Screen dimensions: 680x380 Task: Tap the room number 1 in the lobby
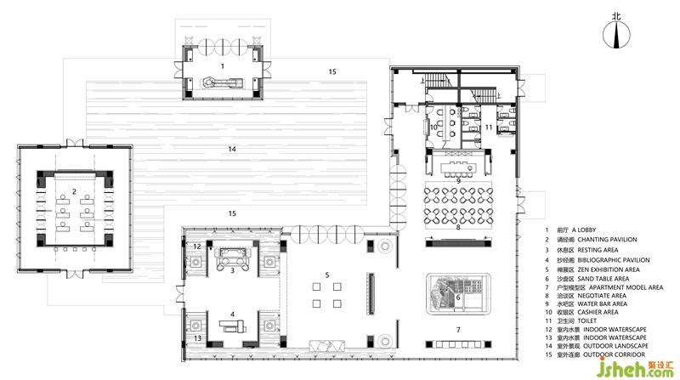coord(223,66)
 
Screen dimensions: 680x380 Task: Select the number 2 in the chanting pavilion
coord(74,191)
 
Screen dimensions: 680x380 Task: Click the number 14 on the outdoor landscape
coord(232,149)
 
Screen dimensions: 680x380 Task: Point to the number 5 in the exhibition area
coord(327,275)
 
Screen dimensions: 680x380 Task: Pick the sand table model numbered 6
coord(458,294)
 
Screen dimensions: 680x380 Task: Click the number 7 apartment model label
coord(458,330)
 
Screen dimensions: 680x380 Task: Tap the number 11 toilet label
coord(489,128)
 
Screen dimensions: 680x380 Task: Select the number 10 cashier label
coord(433,128)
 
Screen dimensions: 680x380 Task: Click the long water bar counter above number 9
coord(458,167)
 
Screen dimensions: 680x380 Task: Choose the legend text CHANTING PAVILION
coord(607,240)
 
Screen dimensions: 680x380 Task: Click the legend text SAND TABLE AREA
coord(603,279)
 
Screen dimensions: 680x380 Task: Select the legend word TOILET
coord(587,320)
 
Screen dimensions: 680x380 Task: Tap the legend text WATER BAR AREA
coord(603,303)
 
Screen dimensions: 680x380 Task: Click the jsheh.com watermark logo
coord(634,368)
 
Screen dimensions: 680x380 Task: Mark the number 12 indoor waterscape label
coord(197,247)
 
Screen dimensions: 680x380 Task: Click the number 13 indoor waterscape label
coord(197,338)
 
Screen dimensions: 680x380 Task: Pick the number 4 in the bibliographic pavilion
coord(232,314)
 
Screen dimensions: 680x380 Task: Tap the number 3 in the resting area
coord(232,270)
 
